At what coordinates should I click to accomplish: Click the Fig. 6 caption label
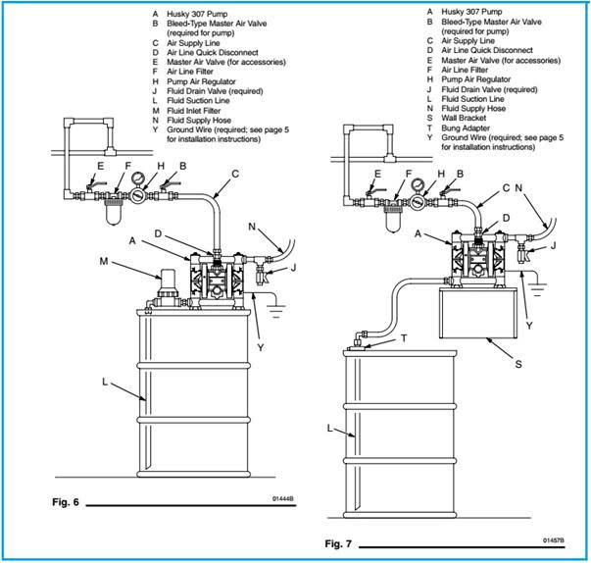pyautogui.click(x=66, y=502)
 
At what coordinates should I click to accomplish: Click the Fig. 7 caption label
pyautogui.click(x=338, y=543)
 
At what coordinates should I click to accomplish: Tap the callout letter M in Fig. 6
pyautogui.click(x=104, y=261)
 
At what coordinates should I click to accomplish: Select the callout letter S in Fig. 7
pyautogui.click(x=518, y=364)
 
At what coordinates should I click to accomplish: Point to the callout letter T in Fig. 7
pyautogui.click(x=404, y=338)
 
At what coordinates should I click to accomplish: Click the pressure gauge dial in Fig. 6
pyautogui.click(x=138, y=178)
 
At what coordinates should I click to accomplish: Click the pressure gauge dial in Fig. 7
pyautogui.click(x=418, y=185)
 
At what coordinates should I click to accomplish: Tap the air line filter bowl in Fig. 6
pyautogui.click(x=114, y=212)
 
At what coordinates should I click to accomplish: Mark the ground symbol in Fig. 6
pyautogui.click(x=276, y=311)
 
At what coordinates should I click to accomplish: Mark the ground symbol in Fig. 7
pyautogui.click(x=537, y=289)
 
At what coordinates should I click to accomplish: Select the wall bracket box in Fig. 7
pyautogui.click(x=477, y=313)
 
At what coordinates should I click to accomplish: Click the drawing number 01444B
pyautogui.click(x=282, y=499)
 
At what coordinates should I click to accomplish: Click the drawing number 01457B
pyautogui.click(x=554, y=540)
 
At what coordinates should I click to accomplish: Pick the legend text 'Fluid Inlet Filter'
pyautogui.click(x=194, y=111)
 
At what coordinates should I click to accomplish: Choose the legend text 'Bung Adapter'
pyautogui.click(x=466, y=128)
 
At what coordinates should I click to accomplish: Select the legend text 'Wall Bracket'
pyautogui.click(x=464, y=118)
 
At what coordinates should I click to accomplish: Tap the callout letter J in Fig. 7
pyautogui.click(x=553, y=246)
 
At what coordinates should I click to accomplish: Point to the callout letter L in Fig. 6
pyautogui.click(x=105, y=382)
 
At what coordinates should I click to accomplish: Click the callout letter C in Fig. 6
pyautogui.click(x=235, y=174)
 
